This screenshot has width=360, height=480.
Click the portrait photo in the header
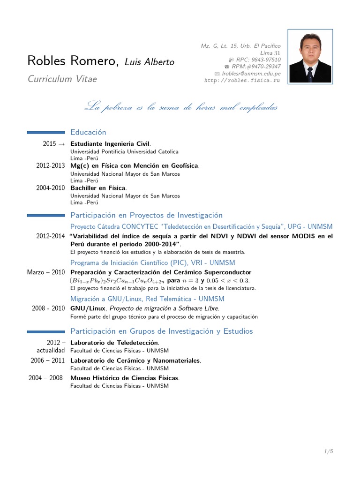[310, 57]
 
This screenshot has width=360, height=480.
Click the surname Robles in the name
[46, 61]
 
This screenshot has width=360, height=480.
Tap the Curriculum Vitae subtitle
[62, 79]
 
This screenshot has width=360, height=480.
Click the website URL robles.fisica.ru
[242, 81]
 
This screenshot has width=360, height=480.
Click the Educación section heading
[88, 133]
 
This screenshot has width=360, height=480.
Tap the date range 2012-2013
[51, 166]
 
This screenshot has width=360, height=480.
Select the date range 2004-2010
[51, 188]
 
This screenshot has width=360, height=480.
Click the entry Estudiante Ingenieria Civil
[110, 144]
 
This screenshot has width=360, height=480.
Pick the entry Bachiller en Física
[98, 188]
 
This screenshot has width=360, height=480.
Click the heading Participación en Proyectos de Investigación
[146, 215]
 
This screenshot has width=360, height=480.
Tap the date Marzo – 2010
[46, 272]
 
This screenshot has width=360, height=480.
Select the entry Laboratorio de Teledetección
[114, 343]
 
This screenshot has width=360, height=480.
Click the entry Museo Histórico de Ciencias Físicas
[124, 378]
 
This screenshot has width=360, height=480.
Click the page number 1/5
[328, 451]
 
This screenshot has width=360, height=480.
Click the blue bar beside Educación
[46, 133]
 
